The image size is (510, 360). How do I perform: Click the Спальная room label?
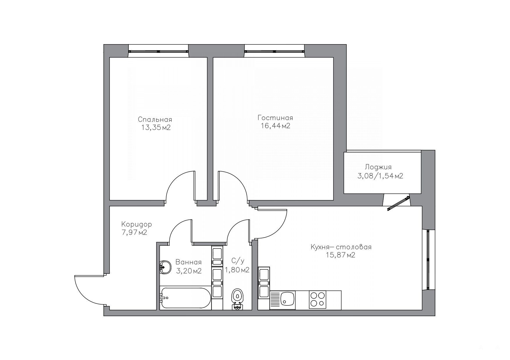[155, 120]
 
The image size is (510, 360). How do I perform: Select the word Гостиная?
[275, 118]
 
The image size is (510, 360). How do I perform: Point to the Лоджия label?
[378, 168]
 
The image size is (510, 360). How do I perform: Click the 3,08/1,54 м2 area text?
[380, 176]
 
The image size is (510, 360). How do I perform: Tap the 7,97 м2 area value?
[134, 233]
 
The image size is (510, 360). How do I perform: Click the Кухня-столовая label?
[341, 247]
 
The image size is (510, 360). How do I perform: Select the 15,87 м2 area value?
[341, 255]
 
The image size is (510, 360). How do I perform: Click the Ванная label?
[188, 262]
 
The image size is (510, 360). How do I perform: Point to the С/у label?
[235, 260]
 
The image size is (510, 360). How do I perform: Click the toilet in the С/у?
[237, 299]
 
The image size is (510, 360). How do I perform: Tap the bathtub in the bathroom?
[185, 298]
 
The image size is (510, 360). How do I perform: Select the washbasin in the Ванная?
[165, 267]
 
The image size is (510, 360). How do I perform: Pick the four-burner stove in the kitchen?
[317, 300]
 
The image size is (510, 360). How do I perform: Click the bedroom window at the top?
[158, 51]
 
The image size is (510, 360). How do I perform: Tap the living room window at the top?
[275, 51]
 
